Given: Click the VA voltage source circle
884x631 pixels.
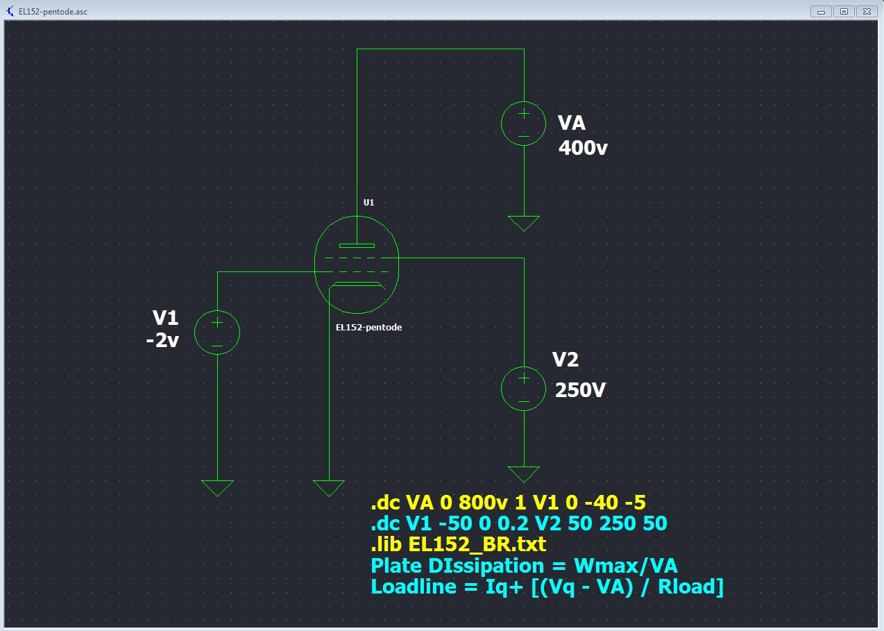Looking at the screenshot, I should [x=524, y=124].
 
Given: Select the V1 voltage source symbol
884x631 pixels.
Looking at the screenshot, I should [x=217, y=332].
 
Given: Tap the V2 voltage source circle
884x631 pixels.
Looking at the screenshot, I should [x=524, y=387].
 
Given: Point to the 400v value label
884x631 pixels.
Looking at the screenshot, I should [x=583, y=147].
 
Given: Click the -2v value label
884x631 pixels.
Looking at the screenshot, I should [x=163, y=342].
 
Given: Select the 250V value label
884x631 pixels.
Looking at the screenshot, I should [x=580, y=390].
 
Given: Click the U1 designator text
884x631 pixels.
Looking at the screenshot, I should [x=369, y=203].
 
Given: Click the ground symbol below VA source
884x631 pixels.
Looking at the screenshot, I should [x=524, y=223].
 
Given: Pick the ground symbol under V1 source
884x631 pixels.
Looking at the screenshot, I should [x=217, y=488].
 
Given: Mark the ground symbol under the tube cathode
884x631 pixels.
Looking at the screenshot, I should [x=329, y=488].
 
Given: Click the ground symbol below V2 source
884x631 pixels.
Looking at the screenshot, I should [x=524, y=474].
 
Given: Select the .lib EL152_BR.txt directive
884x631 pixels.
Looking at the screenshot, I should [x=459, y=544].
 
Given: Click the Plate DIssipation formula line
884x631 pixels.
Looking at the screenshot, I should [x=524, y=565].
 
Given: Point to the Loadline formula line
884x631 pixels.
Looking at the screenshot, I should [x=547, y=587].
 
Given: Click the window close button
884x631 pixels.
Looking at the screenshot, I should [x=867, y=11].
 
